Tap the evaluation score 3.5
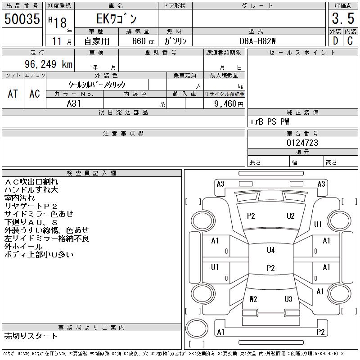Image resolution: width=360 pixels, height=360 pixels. tap(342, 19)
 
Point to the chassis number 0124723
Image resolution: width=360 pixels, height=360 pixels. tap(302, 143)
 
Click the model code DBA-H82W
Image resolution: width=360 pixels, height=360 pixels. tap(258, 41)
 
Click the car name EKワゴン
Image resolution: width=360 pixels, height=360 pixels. tap(116, 19)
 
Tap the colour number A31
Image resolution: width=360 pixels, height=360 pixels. tap(74, 103)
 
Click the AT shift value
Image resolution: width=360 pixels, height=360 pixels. tap(13, 94)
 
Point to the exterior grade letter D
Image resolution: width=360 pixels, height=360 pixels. tap(335, 41)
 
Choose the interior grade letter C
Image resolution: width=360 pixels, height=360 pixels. tap(350, 41)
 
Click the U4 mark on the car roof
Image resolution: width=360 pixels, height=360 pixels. tap(270, 250)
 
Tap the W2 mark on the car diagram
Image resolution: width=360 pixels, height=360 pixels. tap(253, 299)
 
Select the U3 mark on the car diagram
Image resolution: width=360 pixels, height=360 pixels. tap(288, 299)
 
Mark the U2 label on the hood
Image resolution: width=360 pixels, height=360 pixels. tap(290, 216)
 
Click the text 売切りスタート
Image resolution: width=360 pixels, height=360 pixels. tap(31, 336)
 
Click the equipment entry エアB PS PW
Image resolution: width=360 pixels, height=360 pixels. tap(270, 121)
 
